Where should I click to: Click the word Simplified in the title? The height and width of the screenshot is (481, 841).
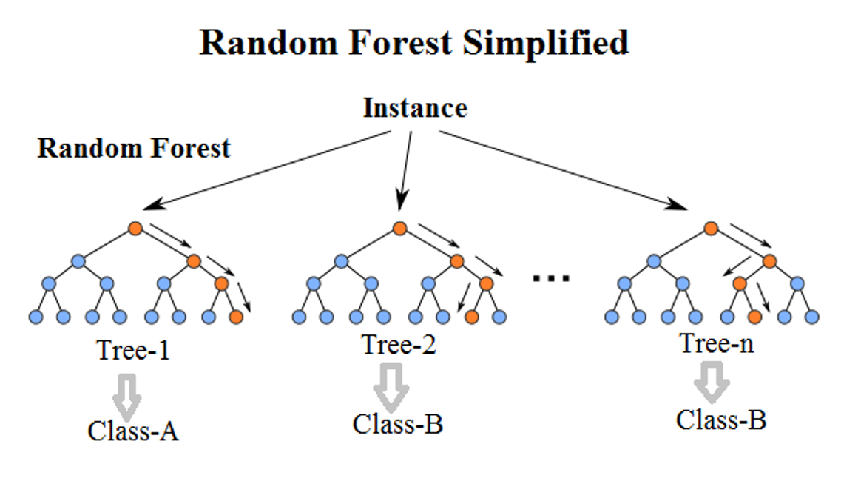coord(546,43)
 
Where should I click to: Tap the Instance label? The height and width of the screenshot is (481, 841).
coord(415,108)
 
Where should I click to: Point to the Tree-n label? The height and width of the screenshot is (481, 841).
coord(717,343)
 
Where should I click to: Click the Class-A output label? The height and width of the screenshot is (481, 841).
coord(133,430)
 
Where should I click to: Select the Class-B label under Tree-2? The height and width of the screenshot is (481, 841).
coord(398,424)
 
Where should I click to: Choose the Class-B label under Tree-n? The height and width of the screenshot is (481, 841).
coord(721,420)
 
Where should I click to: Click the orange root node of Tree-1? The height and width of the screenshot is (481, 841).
coord(135,228)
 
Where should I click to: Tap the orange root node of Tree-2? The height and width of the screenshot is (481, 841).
coord(400,228)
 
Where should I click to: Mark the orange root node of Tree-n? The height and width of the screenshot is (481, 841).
coord(711,228)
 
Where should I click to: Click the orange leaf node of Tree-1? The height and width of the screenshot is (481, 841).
coord(236,317)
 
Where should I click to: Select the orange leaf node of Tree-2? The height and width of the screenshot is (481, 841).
coord(472,317)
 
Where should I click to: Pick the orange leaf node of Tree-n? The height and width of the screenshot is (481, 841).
coord(754,317)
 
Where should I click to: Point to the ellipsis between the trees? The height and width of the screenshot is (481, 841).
coord(551,278)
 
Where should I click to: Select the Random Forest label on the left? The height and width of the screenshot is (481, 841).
coord(134,148)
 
